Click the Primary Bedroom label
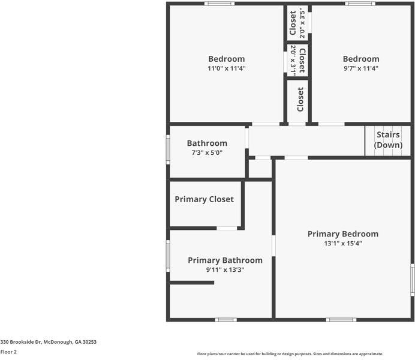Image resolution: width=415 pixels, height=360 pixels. click(x=342, y=234)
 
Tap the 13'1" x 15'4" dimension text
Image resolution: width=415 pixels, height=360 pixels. click(x=342, y=244)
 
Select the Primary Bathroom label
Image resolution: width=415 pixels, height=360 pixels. click(x=225, y=260)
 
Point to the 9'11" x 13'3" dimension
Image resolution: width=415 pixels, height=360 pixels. click(x=225, y=270)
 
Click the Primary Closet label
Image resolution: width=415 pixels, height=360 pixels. click(x=204, y=199)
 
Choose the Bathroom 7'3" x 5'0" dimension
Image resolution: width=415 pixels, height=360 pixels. click(x=207, y=153)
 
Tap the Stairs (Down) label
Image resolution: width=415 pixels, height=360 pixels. click(x=387, y=140)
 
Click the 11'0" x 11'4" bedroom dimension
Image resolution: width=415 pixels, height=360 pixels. click(x=226, y=68)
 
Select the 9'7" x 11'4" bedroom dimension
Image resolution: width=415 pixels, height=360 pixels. click(x=360, y=68)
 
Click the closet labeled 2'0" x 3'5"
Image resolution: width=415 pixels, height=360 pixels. click(x=297, y=24)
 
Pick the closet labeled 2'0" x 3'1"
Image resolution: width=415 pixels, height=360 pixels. click(x=298, y=60)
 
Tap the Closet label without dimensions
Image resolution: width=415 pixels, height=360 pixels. click(x=300, y=100)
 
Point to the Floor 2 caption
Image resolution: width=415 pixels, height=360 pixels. click(x=8, y=352)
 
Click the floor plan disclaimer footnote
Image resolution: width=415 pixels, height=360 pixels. click(x=290, y=354)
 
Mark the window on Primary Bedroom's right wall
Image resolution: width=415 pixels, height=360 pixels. click(x=412, y=280)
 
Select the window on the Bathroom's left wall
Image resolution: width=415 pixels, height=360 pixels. click(x=168, y=149)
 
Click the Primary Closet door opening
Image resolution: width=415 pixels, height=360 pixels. click(x=227, y=228)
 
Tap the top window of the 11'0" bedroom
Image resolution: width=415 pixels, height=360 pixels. click(x=219, y=4)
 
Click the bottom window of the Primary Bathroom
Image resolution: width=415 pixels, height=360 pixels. click(x=225, y=320)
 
